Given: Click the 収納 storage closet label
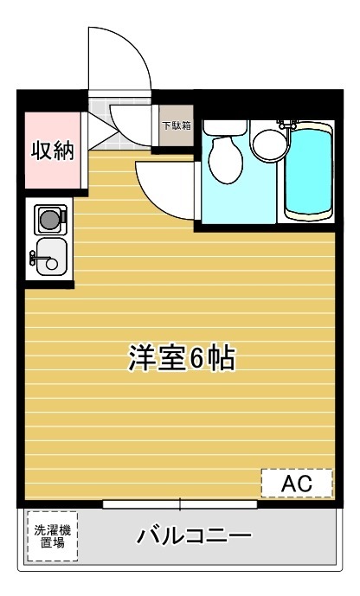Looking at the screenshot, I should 53,150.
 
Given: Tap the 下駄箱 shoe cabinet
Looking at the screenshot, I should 177,126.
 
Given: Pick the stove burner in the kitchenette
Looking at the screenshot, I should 49,218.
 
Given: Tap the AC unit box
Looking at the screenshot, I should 297,483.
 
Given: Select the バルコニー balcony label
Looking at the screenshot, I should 194,536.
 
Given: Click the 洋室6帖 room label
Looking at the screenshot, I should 183,358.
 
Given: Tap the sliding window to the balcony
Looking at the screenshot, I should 180,503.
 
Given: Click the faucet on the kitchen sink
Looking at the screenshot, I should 35,256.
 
